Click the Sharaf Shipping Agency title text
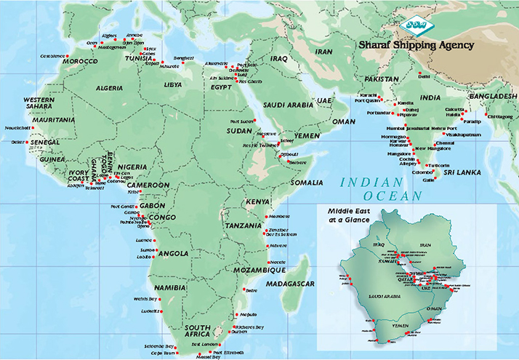[416, 45]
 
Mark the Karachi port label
[368, 95]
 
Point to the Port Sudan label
[240, 121]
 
